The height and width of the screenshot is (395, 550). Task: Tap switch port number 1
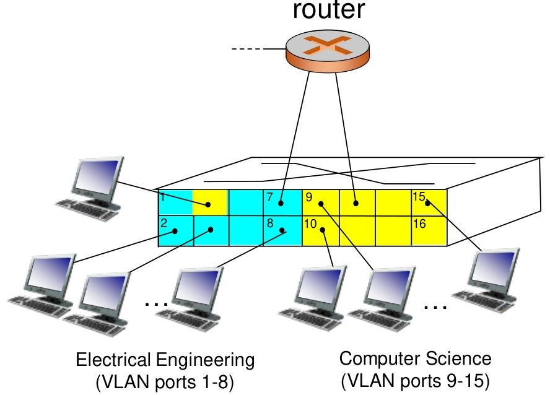[175, 202]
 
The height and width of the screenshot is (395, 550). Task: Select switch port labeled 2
[175, 230]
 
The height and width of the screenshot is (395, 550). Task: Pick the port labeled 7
[282, 202]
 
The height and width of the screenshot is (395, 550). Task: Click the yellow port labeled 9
[320, 202]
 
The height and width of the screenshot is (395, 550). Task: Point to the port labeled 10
[320, 230]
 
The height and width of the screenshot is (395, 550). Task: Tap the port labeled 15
[429, 202]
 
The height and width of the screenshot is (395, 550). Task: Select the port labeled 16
[429, 230]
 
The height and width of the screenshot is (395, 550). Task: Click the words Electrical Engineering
[165, 360]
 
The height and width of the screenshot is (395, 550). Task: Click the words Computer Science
[416, 358]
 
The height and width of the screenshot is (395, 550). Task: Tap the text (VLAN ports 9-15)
[416, 380]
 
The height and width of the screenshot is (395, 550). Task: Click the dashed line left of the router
[247, 48]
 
